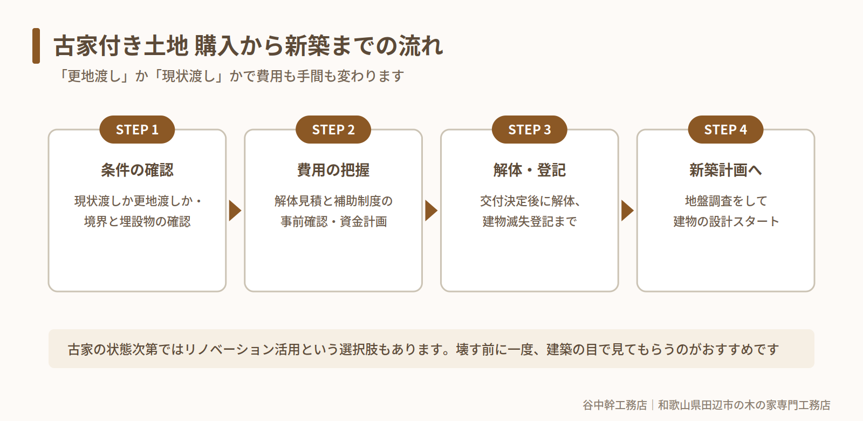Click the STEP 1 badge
point(137,130)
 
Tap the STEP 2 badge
point(333,130)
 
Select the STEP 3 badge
point(529,130)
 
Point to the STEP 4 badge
point(725,130)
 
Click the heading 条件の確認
point(137,170)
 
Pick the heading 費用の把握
point(333,170)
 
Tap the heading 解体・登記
point(529,170)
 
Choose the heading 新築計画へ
point(725,170)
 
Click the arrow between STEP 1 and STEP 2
point(235,210)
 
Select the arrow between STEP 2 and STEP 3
point(431,210)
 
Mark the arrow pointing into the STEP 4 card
point(627,210)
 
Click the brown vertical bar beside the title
point(36,46)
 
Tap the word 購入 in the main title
point(216,46)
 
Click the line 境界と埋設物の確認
point(137,222)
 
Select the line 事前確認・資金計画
point(333,222)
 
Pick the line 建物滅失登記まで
point(529,222)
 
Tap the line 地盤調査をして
point(725,201)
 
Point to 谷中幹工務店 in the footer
point(614,405)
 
